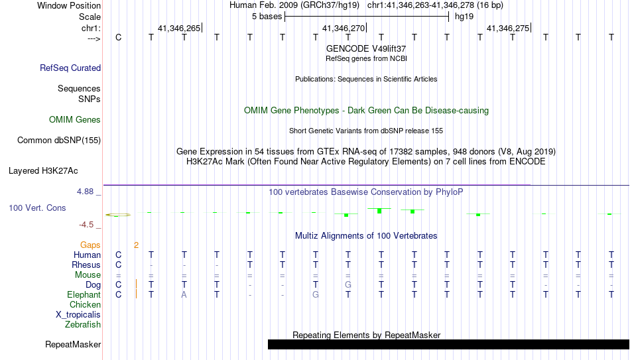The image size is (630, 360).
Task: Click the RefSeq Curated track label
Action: [70, 68]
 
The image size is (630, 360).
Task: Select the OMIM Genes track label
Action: [75, 120]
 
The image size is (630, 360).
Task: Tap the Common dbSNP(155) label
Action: [59, 141]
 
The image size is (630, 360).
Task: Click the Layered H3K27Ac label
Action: [43, 171]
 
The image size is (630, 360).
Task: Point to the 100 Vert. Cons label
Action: [37, 208]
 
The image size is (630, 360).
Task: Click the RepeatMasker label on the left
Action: [73, 344]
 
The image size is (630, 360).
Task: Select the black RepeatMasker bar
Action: [449, 344]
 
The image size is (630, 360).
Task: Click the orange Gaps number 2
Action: [136, 245]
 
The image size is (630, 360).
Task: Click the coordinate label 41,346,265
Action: [179, 28]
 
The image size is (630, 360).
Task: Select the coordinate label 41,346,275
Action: [508, 28]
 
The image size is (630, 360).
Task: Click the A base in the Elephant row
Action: [184, 294]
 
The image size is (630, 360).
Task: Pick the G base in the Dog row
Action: [348, 284]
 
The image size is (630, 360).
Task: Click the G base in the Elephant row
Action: [316, 294]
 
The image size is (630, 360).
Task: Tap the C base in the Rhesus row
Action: [118, 265]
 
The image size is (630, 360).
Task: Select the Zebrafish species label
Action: [83, 324]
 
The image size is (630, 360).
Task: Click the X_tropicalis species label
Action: [78, 315]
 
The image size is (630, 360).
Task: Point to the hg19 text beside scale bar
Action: [464, 17]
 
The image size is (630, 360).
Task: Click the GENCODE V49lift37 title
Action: [366, 48]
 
